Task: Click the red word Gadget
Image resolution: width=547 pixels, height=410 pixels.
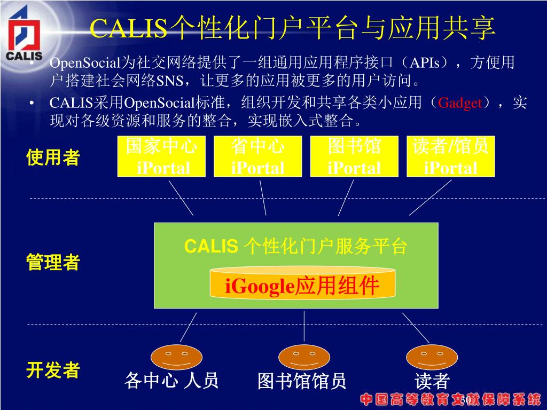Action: coord(460,103)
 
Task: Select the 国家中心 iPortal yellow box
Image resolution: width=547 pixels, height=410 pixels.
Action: coord(162,156)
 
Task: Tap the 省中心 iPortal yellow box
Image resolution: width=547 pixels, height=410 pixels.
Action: coord(257,156)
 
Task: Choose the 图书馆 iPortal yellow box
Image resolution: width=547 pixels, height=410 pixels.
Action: coord(354,156)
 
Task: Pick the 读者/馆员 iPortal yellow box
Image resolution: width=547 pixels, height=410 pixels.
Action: coord(450,156)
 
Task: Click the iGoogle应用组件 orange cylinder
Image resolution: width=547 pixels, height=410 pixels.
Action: coord(302,283)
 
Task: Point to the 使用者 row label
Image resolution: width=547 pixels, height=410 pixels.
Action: coord(53,158)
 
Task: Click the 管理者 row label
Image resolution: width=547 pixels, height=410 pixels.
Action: coord(53,263)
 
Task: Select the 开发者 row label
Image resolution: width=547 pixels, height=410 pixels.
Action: coord(53,370)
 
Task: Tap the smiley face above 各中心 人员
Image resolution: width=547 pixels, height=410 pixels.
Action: coord(176,357)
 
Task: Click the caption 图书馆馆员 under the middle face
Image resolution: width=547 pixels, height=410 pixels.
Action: coord(302,381)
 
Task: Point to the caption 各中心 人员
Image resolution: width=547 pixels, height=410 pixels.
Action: coord(171,381)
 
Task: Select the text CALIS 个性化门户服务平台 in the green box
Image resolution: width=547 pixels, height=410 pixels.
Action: coord(296,247)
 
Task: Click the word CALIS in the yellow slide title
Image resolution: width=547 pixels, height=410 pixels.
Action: coord(128,29)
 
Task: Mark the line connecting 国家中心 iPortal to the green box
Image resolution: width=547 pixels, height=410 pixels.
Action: coord(181,198)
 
